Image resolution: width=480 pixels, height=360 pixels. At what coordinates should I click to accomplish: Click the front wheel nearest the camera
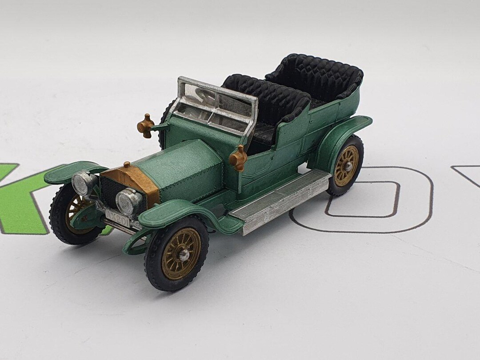(177, 253)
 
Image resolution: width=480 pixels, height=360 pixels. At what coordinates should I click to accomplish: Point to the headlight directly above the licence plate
(128, 201)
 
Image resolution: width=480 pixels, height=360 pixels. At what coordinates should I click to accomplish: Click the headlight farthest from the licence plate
(83, 182)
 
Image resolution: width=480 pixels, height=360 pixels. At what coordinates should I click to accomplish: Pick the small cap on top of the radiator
(127, 164)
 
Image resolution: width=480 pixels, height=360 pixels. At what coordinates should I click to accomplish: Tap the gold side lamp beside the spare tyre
(146, 125)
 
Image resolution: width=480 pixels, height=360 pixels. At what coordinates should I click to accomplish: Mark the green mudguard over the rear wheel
(342, 133)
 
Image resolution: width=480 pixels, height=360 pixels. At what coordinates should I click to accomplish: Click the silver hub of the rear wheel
(348, 165)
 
